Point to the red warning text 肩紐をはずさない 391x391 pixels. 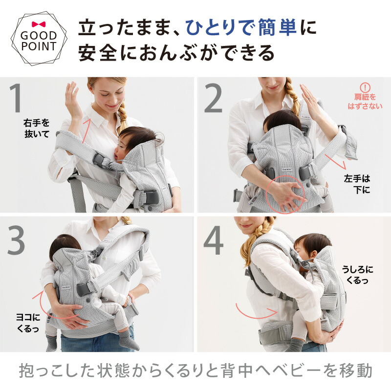(x=366, y=102)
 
